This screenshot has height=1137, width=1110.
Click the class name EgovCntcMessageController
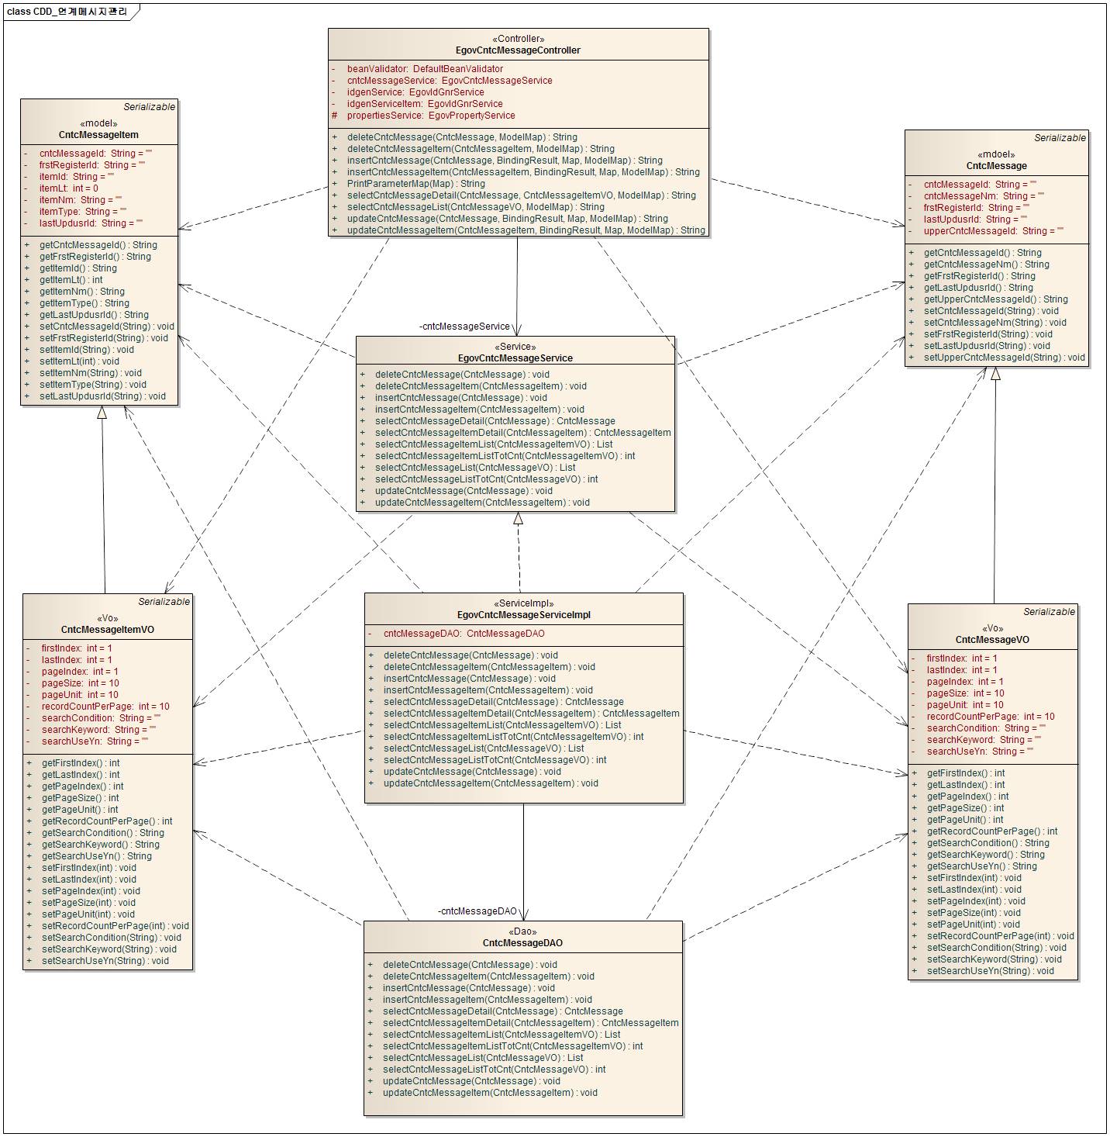(518, 50)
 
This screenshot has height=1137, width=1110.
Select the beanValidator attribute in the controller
(424, 69)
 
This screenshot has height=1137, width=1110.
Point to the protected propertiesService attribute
(430, 116)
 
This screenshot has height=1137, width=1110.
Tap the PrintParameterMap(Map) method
(415, 184)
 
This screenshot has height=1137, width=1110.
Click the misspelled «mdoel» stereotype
(996, 154)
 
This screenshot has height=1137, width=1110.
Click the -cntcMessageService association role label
(464, 327)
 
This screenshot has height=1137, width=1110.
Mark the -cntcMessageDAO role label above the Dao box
(477, 911)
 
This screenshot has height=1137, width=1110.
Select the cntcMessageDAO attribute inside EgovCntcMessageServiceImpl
(464, 634)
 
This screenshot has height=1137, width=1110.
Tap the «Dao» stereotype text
(522, 931)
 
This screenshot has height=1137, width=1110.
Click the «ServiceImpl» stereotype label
(523, 603)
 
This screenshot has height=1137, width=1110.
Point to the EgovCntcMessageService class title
(515, 358)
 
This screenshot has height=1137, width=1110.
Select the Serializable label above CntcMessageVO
(1049, 612)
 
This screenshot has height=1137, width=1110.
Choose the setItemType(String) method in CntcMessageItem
(92, 385)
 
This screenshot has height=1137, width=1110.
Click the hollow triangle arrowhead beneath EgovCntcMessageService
(518, 518)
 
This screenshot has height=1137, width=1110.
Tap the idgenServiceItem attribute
(424, 104)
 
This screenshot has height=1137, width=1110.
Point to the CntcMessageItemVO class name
(108, 630)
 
